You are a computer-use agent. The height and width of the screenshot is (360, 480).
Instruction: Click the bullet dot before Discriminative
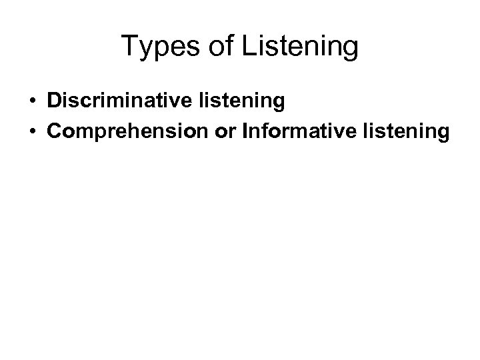[32, 102]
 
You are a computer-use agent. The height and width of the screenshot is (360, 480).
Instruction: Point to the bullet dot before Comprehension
[32, 133]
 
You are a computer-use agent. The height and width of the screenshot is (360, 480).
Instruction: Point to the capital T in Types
[129, 47]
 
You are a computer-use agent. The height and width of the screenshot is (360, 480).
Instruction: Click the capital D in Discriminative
[53, 101]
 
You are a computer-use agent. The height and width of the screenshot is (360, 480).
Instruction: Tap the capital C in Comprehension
[54, 132]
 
